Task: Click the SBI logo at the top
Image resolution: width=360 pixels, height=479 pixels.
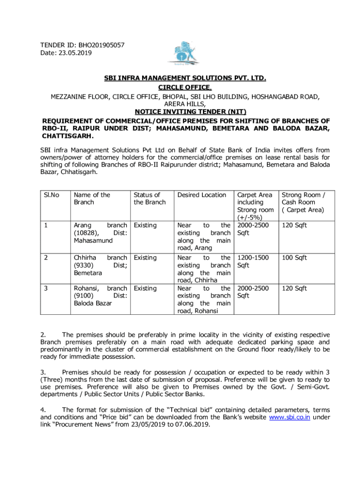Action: click(x=185, y=53)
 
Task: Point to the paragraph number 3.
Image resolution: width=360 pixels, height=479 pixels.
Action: click(x=43, y=372)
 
